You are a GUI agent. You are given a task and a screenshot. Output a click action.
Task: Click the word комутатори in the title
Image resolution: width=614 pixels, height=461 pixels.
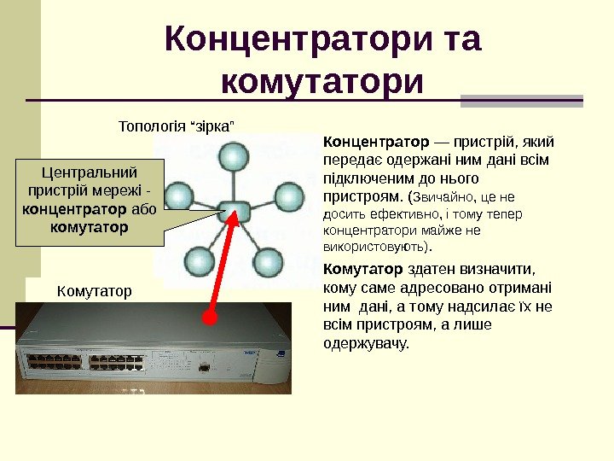(321, 84)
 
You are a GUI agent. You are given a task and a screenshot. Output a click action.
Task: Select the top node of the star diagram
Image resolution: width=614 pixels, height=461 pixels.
(230, 156)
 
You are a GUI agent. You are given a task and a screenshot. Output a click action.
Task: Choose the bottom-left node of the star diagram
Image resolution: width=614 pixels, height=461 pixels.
(199, 260)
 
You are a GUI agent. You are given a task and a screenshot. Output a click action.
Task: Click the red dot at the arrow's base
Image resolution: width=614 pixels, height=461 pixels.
(210, 318)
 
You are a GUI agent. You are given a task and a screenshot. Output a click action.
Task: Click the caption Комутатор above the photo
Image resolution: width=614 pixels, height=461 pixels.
(94, 291)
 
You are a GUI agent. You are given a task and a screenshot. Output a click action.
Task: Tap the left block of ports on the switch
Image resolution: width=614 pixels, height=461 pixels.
(54, 362)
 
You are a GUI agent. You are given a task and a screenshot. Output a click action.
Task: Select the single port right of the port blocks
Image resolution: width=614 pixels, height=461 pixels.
(206, 367)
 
